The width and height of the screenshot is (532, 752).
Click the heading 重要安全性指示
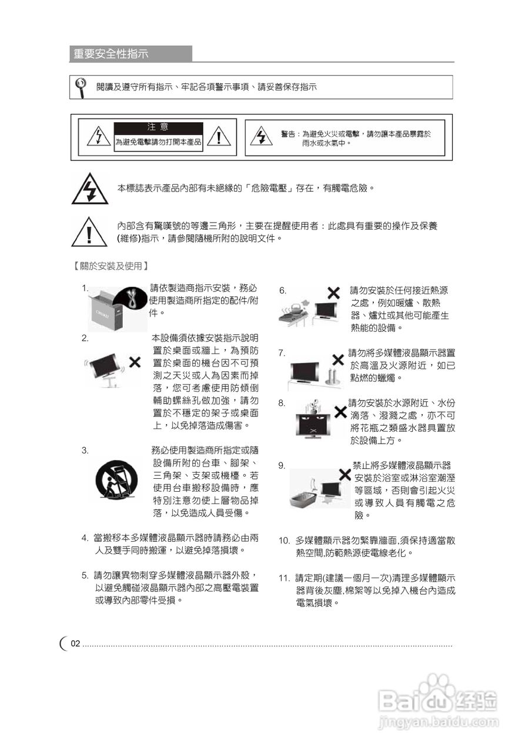click(x=111, y=54)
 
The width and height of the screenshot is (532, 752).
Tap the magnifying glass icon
click(x=81, y=86)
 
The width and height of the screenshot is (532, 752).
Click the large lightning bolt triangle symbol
click(x=89, y=189)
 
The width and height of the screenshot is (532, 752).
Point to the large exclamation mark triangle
click(x=89, y=232)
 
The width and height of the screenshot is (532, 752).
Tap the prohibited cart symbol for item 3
click(x=115, y=480)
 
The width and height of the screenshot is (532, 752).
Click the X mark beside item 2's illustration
click(x=135, y=361)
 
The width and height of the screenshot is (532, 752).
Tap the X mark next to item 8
click(x=339, y=411)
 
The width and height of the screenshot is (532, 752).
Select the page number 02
click(x=75, y=644)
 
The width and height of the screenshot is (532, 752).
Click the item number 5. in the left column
click(x=85, y=575)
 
